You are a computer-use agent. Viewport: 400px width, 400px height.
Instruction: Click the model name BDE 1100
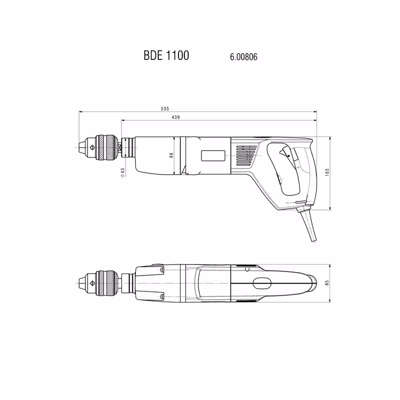166,55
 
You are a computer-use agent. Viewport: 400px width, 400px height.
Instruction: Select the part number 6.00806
243,56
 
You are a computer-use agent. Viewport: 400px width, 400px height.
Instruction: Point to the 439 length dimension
175,116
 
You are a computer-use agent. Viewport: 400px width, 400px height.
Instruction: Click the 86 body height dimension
170,155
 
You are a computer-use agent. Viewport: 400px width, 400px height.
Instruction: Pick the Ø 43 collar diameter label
122,171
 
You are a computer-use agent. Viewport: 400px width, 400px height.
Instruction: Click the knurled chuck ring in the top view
106,282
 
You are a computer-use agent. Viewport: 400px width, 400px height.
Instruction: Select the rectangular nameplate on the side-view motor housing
212,155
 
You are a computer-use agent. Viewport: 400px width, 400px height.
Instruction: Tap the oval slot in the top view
262,283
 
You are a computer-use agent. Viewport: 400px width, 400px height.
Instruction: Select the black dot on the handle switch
288,155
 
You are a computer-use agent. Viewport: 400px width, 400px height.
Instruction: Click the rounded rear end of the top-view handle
313,283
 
